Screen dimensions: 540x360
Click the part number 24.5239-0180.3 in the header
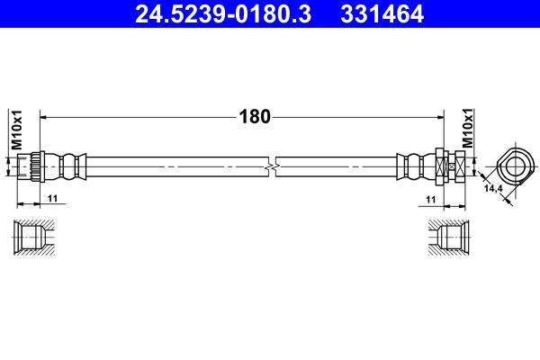pos(223,13)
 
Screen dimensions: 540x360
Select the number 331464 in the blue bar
pos(382,13)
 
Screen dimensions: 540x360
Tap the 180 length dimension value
pos(255,116)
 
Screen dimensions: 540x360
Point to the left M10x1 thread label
pos(16,130)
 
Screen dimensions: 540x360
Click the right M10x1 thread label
pos(467,128)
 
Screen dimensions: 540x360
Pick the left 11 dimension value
pos(53,198)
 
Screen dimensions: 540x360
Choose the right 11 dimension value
pos(431,200)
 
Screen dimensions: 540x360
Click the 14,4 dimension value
pos(493,188)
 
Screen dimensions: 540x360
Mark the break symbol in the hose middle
pos(272,166)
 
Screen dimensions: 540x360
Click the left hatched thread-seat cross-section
pos(34,238)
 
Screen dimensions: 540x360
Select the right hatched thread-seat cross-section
pos(449,238)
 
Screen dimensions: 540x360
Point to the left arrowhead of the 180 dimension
pos(43,118)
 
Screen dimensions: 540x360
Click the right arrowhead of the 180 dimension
pos(440,118)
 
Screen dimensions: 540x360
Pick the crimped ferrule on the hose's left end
pos(66,166)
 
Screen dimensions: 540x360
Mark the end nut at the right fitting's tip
pos(461,166)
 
